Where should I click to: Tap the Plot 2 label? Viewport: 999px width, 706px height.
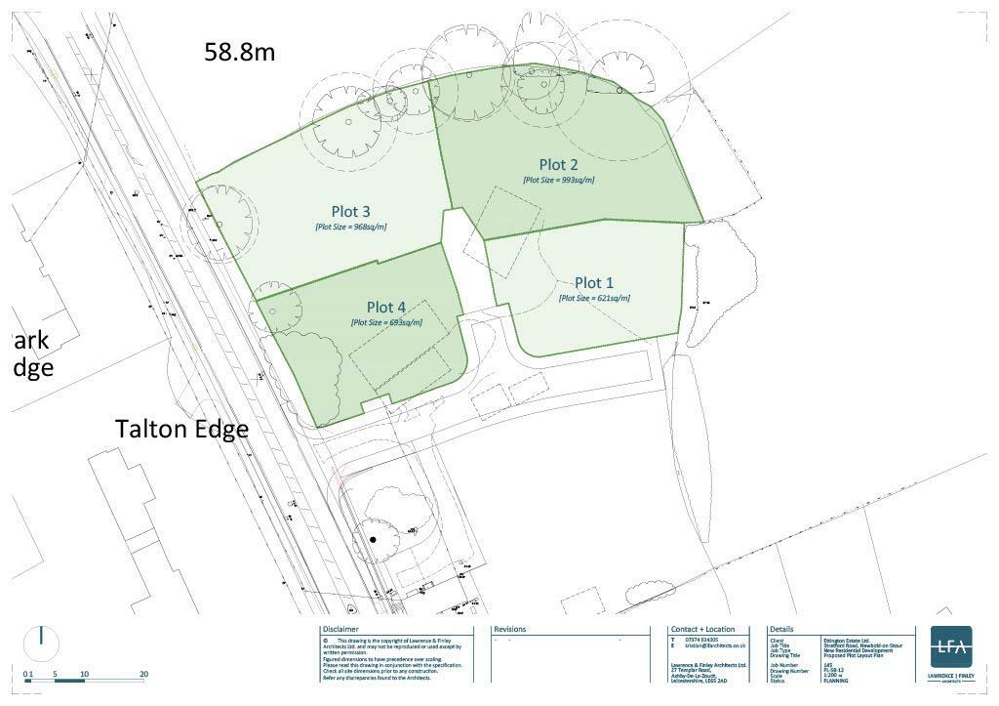tap(559, 164)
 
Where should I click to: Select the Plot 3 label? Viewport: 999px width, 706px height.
tap(350, 211)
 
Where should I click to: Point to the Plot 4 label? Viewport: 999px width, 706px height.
tap(386, 308)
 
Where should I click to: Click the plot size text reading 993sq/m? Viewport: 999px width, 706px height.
tap(559, 180)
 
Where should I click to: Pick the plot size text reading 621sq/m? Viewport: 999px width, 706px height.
tap(594, 298)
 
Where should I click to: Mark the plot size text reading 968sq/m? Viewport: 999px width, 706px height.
tap(350, 227)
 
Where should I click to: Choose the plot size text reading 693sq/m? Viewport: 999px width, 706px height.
tap(386, 322)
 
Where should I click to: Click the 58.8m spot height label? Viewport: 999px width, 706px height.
tap(239, 52)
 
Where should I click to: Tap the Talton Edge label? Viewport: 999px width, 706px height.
tap(181, 429)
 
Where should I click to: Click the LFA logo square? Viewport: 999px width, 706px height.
tap(950, 646)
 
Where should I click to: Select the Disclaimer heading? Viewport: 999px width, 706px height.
tap(340, 630)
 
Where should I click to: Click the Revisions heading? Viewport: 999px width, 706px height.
tap(510, 630)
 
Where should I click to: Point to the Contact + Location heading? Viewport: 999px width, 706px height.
tap(702, 630)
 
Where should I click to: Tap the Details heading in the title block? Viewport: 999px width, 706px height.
tap(783, 630)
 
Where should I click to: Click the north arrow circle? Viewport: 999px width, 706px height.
tap(41, 643)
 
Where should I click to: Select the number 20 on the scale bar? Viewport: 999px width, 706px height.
tap(143, 674)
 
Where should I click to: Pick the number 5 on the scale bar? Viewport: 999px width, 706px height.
tap(56, 674)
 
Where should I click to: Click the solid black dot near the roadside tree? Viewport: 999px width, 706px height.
tap(373, 539)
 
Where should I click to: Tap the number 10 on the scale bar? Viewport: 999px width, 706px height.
tap(85, 674)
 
